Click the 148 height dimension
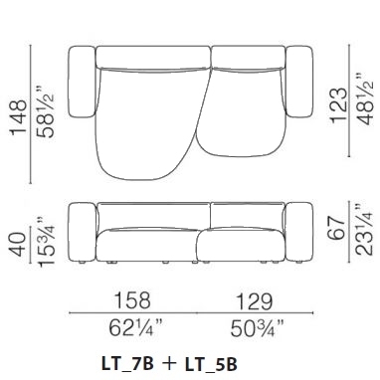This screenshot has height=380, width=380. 19,116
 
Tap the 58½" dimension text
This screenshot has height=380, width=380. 45,111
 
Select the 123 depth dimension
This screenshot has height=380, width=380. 338,105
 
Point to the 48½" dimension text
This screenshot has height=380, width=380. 365,98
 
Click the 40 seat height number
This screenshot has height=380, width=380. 19,245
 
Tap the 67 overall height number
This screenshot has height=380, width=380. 337,228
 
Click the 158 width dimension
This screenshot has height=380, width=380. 132,300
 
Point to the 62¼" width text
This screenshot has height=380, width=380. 136,327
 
